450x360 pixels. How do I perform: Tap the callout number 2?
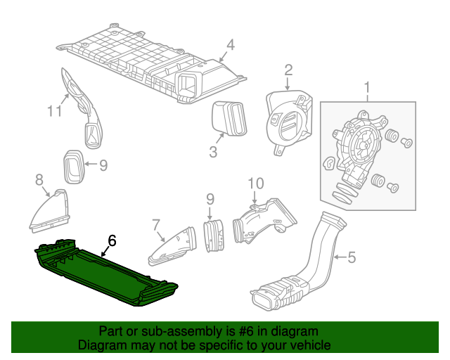tap(288, 69)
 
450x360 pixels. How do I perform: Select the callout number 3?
tap(213, 151)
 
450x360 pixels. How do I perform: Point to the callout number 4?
tap(230, 44)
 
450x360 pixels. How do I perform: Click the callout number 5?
tap(352, 258)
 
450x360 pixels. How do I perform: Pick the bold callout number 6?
tap(112, 240)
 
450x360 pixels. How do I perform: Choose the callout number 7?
tap(155, 225)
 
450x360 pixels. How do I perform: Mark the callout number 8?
tap(39, 181)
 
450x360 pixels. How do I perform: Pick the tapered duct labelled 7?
tap(172, 246)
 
